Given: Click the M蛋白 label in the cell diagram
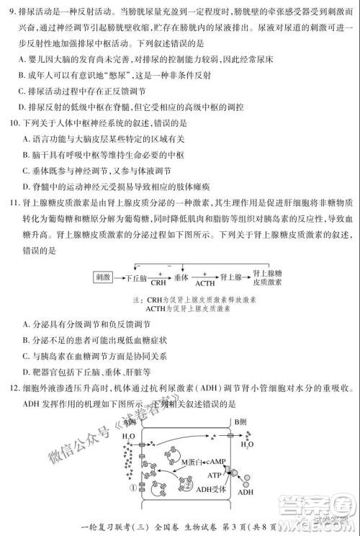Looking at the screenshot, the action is tap(192, 461).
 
